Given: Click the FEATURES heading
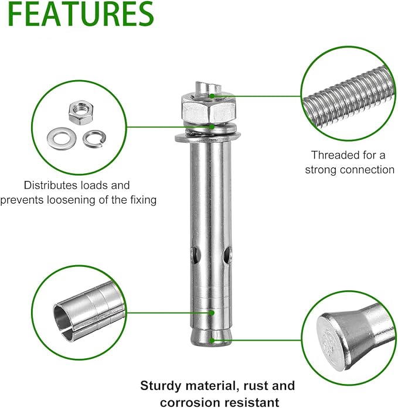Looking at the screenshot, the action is click(81, 14).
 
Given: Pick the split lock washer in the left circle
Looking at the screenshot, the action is click(95, 138).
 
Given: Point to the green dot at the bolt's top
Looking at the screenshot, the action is click(212, 96).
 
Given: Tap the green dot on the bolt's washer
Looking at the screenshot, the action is click(212, 126).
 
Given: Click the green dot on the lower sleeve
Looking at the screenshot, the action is click(212, 313).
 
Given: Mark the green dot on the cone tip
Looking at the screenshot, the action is click(212, 340).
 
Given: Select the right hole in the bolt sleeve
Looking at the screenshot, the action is click(227, 256).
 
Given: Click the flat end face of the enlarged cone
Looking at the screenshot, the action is click(332, 341).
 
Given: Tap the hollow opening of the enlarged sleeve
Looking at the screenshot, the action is click(62, 321).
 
